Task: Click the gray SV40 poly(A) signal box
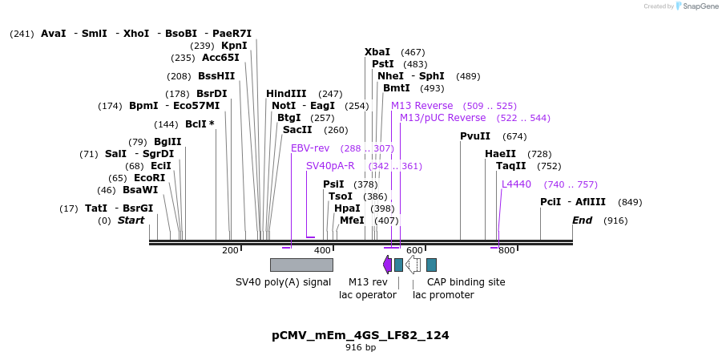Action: click(x=301, y=265)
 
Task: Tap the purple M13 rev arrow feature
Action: click(x=388, y=265)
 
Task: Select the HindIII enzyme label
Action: click(x=286, y=94)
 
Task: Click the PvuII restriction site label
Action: click(x=475, y=136)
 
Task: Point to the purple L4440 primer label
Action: click(x=516, y=184)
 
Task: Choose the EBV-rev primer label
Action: click(x=310, y=148)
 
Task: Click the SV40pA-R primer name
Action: click(x=330, y=166)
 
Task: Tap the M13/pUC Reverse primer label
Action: click(x=442, y=118)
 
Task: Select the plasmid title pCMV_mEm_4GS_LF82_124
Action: click(x=360, y=335)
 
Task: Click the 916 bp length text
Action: click(x=360, y=348)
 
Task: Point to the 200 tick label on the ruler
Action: click(x=230, y=250)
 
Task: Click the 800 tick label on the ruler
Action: click(x=506, y=250)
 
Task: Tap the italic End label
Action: click(x=582, y=220)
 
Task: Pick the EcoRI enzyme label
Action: click(x=149, y=178)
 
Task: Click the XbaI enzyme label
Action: click(x=377, y=52)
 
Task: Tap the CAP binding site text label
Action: click(x=466, y=282)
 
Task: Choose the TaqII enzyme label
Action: click(x=511, y=166)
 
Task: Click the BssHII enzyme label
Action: click(x=216, y=76)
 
